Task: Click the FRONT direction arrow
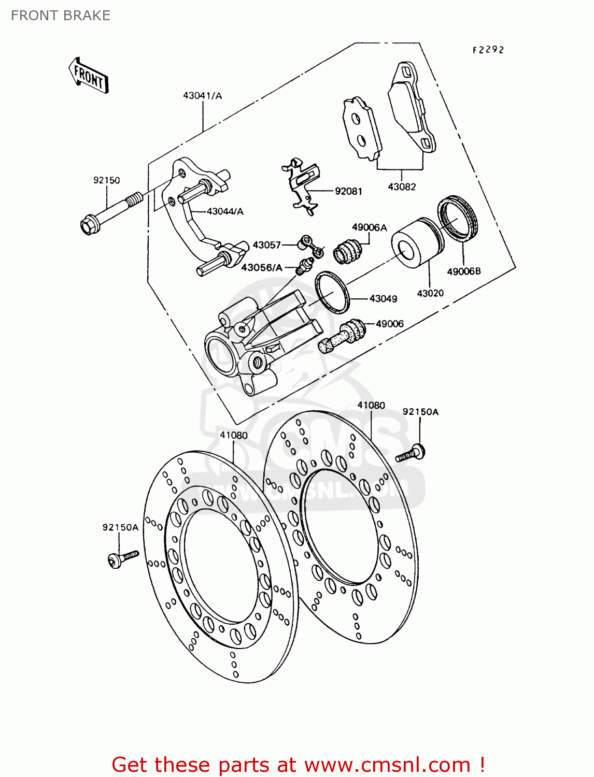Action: pos(88,76)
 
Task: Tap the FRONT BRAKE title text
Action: pos(61,16)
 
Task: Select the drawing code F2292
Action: pos(488,50)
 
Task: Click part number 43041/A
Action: pos(202,96)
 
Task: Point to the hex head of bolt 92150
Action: pos(88,226)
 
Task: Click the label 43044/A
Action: pos(225,211)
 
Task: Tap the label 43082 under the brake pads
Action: pos(402,187)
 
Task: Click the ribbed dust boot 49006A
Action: pos(348,251)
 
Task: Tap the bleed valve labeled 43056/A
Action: pos(303,266)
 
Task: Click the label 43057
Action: pos(266,245)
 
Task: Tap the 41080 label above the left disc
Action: pos(233,435)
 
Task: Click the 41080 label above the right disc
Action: pos(371,405)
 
